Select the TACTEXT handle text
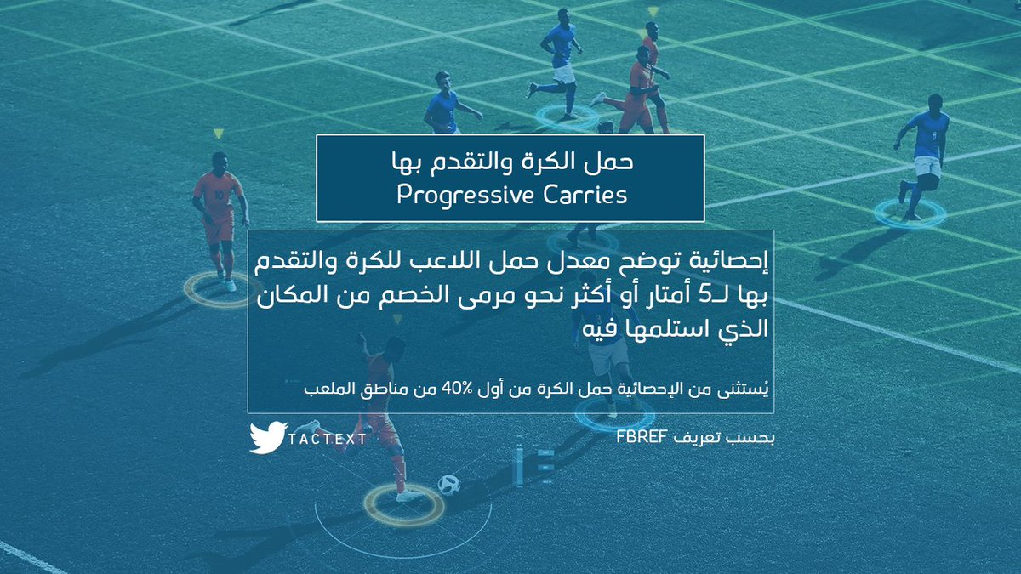(328, 439)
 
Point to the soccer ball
(448, 485)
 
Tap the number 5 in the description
(704, 296)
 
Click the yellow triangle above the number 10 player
(219, 134)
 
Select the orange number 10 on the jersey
(220, 195)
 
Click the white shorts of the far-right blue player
(928, 167)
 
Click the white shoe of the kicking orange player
(410, 495)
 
